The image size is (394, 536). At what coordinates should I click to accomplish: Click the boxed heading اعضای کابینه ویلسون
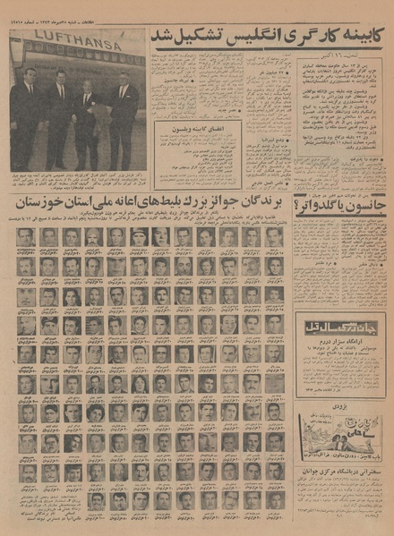[191, 131]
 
